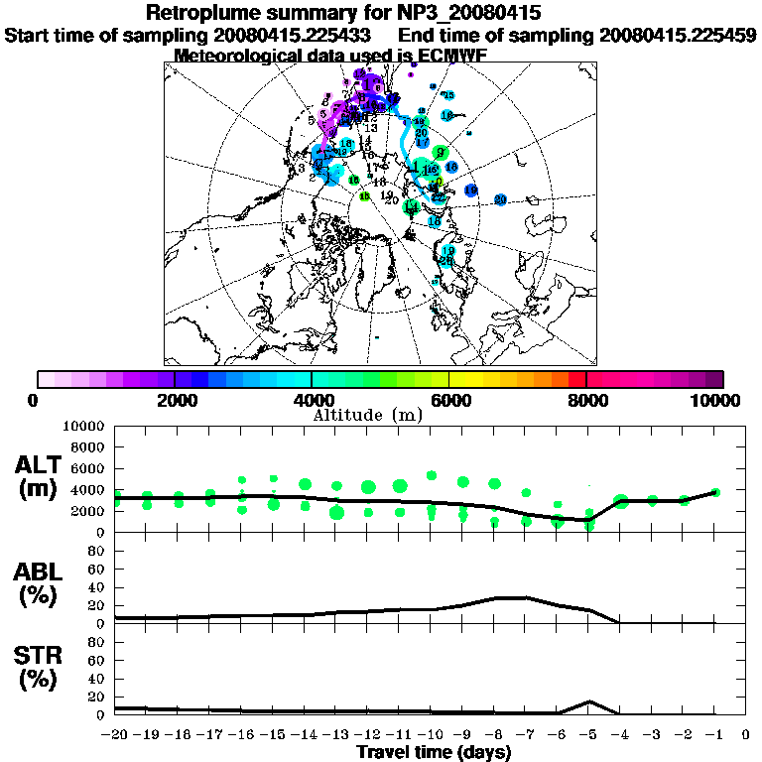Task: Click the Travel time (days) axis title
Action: pos(434,753)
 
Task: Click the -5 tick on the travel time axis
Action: pos(587,735)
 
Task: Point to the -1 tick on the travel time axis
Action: pos(713,735)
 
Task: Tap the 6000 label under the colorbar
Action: pos(448,400)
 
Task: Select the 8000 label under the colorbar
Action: pos(586,400)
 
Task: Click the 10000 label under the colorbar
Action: pos(720,400)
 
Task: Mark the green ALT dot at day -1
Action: pos(714,492)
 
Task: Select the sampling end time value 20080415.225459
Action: pos(678,35)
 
